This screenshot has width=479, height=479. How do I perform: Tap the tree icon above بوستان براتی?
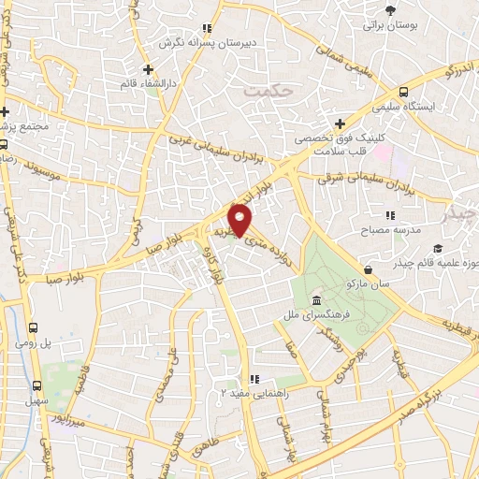tap(390, 10)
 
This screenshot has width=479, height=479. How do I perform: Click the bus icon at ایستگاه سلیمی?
tap(403, 92)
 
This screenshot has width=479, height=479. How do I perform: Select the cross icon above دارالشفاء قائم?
tap(148, 69)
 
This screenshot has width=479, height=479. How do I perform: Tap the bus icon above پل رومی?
tap(34, 327)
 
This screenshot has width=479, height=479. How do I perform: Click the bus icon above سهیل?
tap(39, 385)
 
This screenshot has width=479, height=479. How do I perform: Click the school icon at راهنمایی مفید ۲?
tap(223, 394)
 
